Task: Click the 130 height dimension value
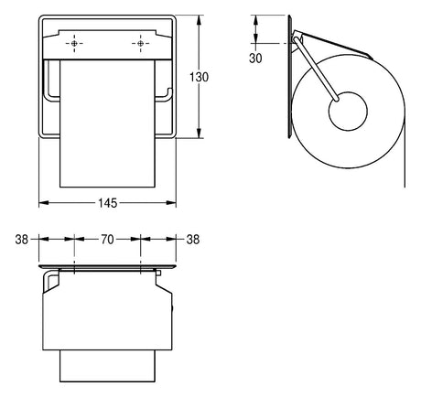click(200, 77)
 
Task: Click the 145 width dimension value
click(108, 203)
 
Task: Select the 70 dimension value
click(107, 240)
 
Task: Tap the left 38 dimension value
click(22, 240)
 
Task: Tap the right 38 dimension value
click(193, 240)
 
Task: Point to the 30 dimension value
click(255, 58)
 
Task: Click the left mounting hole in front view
click(74, 44)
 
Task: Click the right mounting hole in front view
click(140, 44)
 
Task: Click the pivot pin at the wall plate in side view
click(295, 38)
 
